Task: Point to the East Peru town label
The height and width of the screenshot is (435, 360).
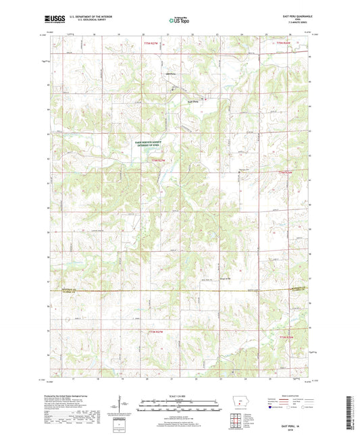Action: coord(193,102)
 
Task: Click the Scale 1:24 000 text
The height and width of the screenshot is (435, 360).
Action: coord(180,396)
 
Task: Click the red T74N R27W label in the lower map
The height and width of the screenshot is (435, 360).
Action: coord(156,332)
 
